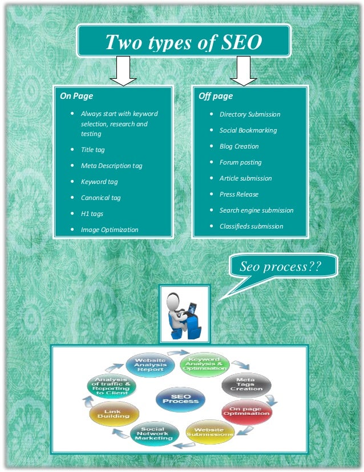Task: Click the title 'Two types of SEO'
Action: pyautogui.click(x=184, y=42)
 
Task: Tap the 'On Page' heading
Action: pyautogui.click(x=76, y=97)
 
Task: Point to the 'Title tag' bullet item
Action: pyautogui.click(x=92, y=150)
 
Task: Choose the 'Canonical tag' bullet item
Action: pyautogui.click(x=100, y=198)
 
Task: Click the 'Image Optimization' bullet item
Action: pyautogui.click(x=109, y=230)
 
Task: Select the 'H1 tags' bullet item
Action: pyautogui.click(x=92, y=214)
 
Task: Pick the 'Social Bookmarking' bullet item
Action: pyautogui.click(x=248, y=130)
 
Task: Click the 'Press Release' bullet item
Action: pyautogui.click(x=238, y=194)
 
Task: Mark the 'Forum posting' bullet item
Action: pyautogui.click(x=240, y=162)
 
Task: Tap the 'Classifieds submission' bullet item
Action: pyautogui.click(x=251, y=226)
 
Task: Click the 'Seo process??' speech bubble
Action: pyautogui.click(x=280, y=267)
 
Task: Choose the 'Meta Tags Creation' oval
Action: pyautogui.click(x=245, y=385)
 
